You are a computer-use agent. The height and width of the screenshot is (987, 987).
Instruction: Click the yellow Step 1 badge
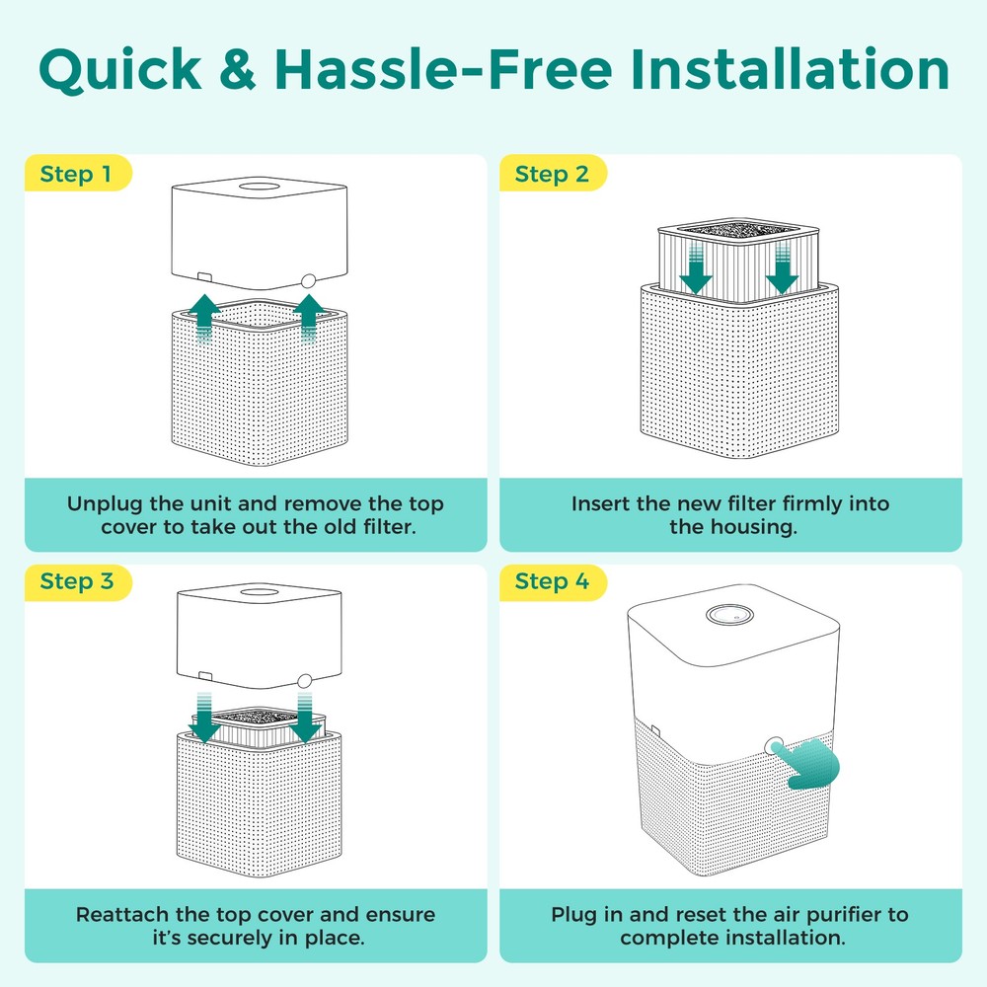[x=78, y=173]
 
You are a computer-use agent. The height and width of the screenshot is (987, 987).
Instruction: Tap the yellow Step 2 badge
[x=553, y=173]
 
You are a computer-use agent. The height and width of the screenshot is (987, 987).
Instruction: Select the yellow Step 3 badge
[x=78, y=581]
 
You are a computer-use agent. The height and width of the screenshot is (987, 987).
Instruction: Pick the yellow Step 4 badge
[x=553, y=581]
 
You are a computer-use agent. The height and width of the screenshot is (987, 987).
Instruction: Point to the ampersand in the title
[x=238, y=69]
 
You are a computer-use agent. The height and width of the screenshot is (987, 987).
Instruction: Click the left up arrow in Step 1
[x=204, y=319]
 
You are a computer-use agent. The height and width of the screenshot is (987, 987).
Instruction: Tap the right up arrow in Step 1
[x=308, y=319]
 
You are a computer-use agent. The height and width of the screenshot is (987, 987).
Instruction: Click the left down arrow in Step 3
[x=204, y=718]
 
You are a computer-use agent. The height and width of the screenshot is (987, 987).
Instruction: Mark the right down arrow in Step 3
[x=305, y=718]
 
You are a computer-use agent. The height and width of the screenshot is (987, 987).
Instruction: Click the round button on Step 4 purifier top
[x=729, y=614]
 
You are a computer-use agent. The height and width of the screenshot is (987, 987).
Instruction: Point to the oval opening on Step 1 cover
[x=263, y=187]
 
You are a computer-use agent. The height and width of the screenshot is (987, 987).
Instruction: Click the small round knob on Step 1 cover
[x=308, y=280]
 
